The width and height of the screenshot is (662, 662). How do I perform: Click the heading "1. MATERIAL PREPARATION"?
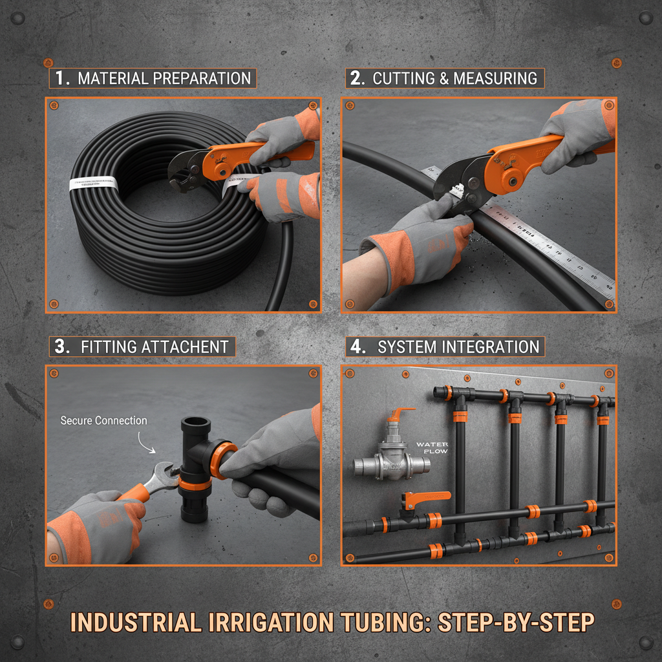point(153,79)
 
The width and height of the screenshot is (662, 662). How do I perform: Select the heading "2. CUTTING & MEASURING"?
point(444,79)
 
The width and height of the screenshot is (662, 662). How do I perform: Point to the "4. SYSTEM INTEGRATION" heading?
point(445,347)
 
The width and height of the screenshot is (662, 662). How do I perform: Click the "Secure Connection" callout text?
point(103,420)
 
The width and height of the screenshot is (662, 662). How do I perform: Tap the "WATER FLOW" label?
point(432,447)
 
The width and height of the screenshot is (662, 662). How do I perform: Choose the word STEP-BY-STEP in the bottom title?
point(516,623)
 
